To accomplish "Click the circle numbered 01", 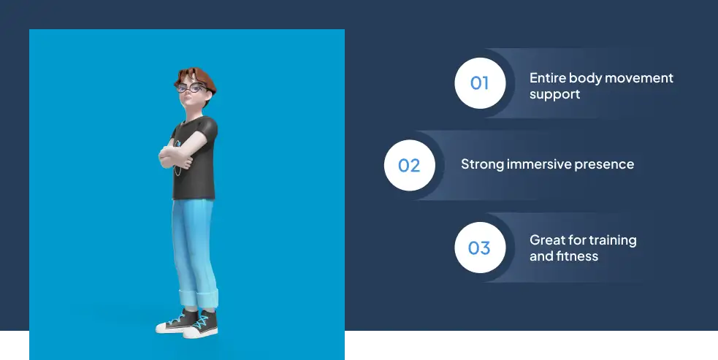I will point(479,83).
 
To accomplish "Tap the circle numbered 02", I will point(409,165).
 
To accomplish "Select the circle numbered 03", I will point(479,248).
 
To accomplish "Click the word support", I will point(554,94).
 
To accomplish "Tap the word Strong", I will point(482,164).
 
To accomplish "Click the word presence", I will point(606,164).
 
